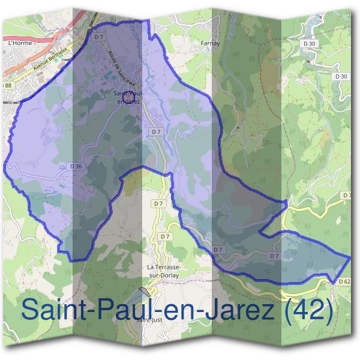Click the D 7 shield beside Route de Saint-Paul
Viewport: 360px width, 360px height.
[100, 37]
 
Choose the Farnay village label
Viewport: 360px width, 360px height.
[211, 43]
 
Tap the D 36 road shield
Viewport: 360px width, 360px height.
[76, 166]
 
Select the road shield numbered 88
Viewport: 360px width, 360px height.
[7, 86]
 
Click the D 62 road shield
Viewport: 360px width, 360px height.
[344, 281]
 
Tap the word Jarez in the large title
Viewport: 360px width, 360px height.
[238, 310]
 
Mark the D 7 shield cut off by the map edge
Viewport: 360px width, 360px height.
[347, 196]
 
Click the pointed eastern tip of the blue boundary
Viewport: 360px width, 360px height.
[350, 257]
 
